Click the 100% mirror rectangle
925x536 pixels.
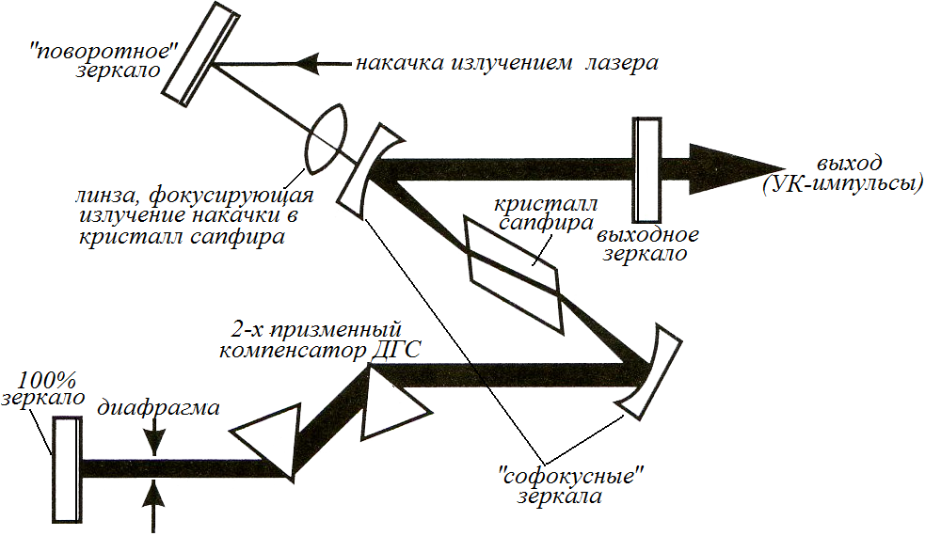66,468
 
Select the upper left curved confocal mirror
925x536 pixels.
367,170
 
